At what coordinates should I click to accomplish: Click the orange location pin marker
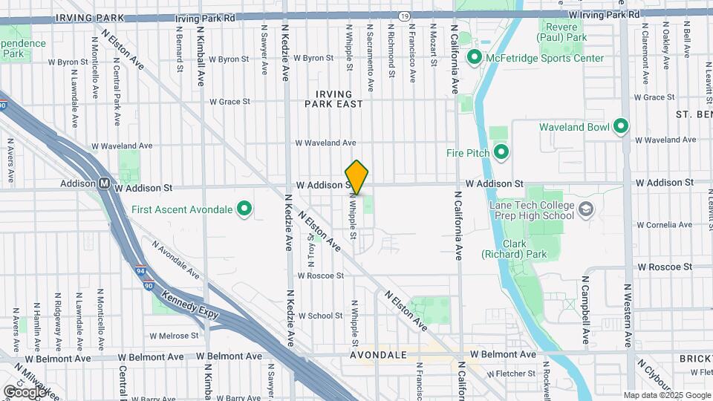point(356,177)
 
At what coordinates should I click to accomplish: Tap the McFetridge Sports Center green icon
point(474,57)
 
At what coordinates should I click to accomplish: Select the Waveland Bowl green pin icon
point(621,127)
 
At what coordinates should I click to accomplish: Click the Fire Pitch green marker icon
point(501,153)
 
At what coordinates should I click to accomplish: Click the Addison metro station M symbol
point(105,183)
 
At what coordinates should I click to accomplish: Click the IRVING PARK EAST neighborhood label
point(333,99)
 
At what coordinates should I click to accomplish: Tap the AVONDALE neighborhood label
point(379,355)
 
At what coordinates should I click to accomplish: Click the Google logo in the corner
point(25,391)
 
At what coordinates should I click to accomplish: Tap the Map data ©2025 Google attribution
point(667,395)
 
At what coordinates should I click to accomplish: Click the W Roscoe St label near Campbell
point(664,266)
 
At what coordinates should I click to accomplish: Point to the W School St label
point(319,316)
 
